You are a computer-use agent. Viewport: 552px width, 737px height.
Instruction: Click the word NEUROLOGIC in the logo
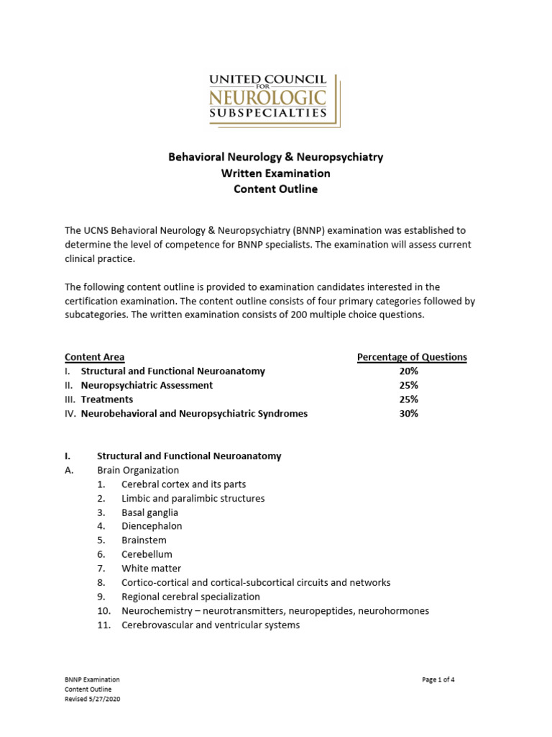click(267, 96)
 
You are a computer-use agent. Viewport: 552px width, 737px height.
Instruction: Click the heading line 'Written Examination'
click(275, 173)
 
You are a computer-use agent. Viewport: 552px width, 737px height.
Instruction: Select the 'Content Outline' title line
click(275, 189)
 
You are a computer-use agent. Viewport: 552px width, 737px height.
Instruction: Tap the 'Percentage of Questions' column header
click(412, 357)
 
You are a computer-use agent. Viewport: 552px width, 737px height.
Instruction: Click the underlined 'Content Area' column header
click(94, 357)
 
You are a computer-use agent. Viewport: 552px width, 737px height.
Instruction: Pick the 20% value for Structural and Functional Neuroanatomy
click(408, 371)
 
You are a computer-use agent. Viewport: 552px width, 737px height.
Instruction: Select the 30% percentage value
click(408, 414)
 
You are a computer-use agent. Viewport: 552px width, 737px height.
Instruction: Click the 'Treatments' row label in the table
click(107, 399)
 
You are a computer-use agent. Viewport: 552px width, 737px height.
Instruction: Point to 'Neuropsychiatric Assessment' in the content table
click(147, 386)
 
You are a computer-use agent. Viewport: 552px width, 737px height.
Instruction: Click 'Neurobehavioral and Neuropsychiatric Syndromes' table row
click(194, 414)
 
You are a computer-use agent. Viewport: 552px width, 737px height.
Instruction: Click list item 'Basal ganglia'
click(149, 513)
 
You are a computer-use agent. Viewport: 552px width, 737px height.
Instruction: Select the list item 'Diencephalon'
click(152, 527)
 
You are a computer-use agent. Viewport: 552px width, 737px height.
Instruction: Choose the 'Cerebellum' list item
click(147, 555)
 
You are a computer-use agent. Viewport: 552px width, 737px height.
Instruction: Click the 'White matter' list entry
click(151, 569)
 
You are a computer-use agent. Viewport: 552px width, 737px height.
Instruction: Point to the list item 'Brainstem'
click(144, 541)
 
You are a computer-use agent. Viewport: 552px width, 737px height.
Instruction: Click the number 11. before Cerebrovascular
click(104, 625)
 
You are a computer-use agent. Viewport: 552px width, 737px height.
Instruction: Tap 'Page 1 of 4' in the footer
click(438, 679)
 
